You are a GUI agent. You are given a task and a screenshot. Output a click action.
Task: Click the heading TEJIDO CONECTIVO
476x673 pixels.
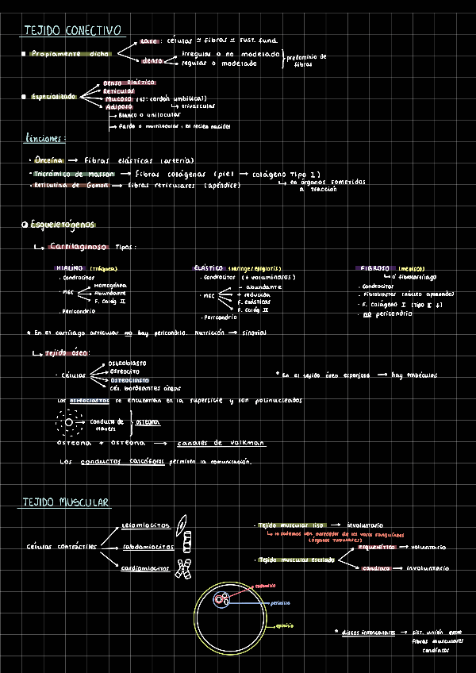(x=72, y=30)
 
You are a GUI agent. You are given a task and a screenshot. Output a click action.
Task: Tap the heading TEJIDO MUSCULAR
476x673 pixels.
(x=66, y=503)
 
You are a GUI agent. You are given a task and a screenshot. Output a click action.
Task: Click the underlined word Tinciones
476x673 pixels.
(x=44, y=140)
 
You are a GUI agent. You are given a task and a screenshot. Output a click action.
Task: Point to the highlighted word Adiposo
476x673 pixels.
(x=119, y=106)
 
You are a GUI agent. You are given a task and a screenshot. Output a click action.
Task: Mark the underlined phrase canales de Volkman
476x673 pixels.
(x=221, y=443)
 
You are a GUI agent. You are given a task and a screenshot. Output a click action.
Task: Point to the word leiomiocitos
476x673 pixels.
(x=146, y=525)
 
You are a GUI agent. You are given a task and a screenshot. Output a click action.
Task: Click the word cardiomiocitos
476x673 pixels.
(x=146, y=569)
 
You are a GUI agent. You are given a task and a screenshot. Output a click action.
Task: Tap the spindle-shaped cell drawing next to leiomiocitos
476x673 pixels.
(x=184, y=523)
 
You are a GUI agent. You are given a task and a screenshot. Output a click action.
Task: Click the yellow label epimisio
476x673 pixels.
(x=282, y=627)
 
